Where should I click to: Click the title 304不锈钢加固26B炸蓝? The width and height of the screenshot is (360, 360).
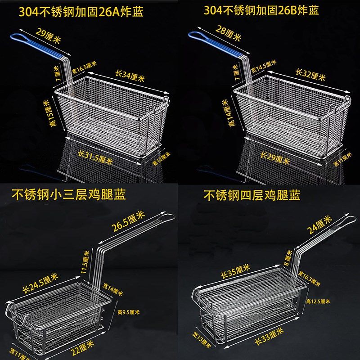[x=261, y=10]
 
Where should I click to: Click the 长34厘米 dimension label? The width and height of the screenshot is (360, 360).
[x=130, y=75]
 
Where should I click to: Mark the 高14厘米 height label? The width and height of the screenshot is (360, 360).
[x=227, y=110]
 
